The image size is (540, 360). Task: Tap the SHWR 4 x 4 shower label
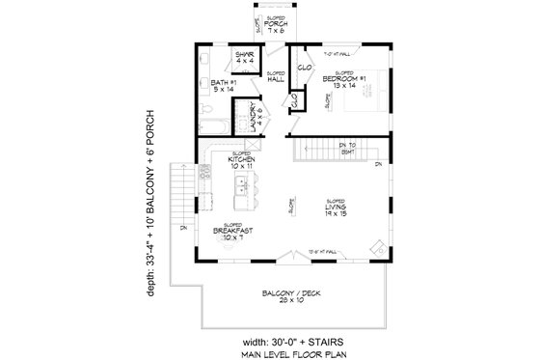pos(244,58)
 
